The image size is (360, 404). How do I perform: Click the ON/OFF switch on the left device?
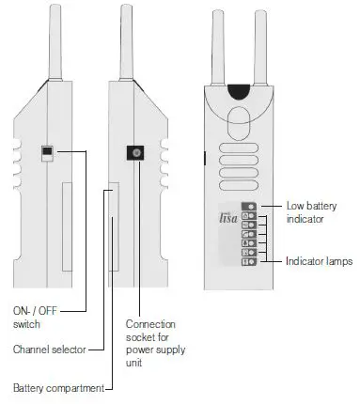point(45,153)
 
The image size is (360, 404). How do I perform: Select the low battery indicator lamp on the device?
point(249,205)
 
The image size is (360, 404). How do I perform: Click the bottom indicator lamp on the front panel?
point(249,262)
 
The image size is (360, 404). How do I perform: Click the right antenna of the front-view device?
point(263,42)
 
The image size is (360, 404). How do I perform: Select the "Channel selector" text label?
point(48,350)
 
